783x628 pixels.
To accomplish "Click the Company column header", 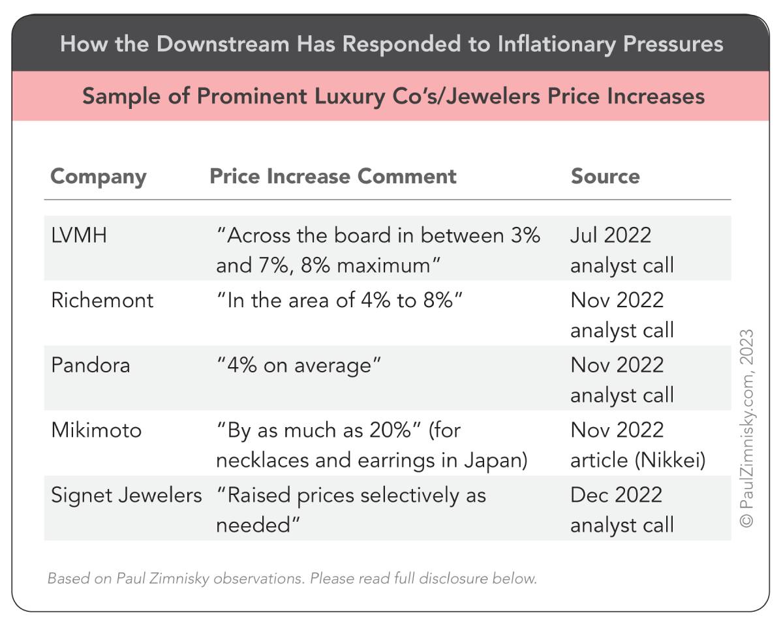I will [x=99, y=177].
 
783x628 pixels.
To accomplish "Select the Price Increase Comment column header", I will [x=333, y=176].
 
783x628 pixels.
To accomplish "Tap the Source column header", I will [x=605, y=176].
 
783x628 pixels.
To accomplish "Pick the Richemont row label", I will [x=102, y=300].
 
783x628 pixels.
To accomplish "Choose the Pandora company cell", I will [x=91, y=365].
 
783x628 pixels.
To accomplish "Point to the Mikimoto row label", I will [x=96, y=430].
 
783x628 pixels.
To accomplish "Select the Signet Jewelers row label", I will [x=127, y=495].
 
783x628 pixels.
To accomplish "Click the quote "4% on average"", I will [x=298, y=365].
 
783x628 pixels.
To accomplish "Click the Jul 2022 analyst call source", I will [x=621, y=250].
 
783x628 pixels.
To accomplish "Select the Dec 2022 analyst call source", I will [x=621, y=510].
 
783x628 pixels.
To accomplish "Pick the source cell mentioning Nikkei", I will [x=637, y=445].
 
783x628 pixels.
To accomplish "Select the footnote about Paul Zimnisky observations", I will [x=292, y=578].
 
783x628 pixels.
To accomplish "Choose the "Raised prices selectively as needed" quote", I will [x=350, y=510].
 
